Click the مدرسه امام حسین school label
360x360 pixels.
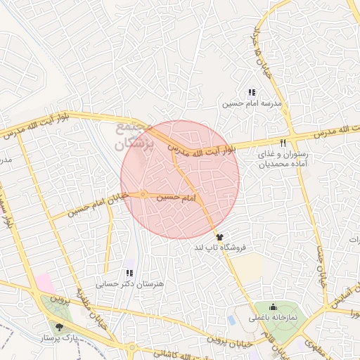252,103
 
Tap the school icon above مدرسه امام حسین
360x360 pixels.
251,92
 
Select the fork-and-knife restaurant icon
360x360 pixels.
283,143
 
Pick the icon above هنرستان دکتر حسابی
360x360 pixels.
129,272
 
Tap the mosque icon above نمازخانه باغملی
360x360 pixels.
273,307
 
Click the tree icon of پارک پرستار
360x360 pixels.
59,326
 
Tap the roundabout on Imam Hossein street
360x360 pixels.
143,194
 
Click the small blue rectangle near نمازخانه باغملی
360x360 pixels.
232,320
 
